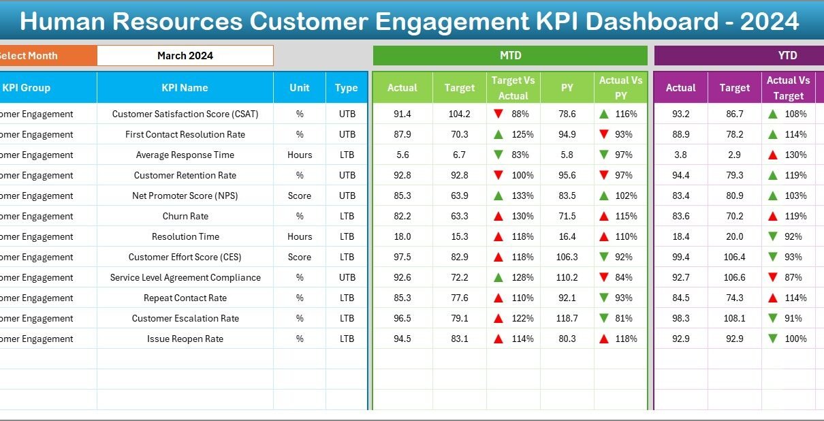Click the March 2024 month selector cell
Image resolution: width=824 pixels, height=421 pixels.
185,56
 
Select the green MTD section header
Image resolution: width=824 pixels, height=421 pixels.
510,56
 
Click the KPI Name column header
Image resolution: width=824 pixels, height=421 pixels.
185,88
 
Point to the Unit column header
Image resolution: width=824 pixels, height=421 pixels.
299,88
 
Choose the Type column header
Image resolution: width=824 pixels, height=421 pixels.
346,88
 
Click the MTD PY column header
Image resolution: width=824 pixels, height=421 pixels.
567,88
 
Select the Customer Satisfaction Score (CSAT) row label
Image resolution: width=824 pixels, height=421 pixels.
185,114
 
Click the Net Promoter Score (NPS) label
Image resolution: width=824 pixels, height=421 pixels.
185,196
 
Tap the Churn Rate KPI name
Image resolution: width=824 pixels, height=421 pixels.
185,217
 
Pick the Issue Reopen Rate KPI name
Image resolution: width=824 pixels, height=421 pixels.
185,339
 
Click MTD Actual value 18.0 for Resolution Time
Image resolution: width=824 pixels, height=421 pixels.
402,237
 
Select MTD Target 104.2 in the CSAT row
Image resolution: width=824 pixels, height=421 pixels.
459,114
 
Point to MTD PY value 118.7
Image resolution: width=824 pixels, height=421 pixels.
567,319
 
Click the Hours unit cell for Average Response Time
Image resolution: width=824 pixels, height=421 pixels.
300,155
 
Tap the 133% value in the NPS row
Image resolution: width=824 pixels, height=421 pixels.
520,196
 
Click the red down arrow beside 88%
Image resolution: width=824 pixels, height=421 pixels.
498,114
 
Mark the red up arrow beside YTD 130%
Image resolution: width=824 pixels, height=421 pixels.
772,155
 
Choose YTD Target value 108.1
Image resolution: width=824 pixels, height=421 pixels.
735,319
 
